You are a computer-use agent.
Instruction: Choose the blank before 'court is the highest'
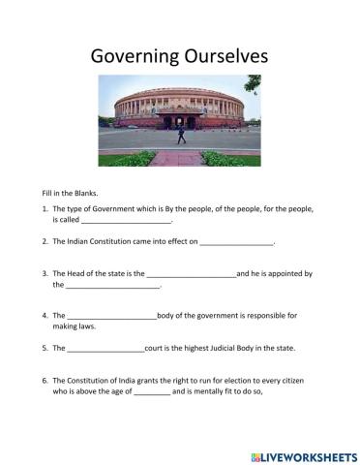pos(105,348)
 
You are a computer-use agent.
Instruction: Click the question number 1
pos(45,208)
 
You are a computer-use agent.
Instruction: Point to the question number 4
pos(45,315)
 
